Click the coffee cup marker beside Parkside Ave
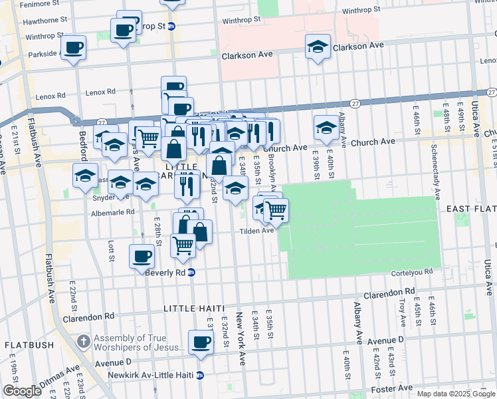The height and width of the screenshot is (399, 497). [x=73, y=48]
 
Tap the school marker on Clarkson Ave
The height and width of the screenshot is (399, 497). [x=318, y=47]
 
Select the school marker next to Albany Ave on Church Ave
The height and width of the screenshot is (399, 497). [x=326, y=128]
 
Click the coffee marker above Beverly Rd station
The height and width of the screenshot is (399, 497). [x=141, y=256]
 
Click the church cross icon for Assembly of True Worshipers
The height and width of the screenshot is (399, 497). [x=83, y=342]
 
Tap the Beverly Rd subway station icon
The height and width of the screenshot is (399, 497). [x=191, y=273]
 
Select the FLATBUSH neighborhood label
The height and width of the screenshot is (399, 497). [x=30, y=345]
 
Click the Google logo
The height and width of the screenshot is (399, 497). [x=22, y=391]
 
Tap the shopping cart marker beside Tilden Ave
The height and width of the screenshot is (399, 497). [x=276, y=211]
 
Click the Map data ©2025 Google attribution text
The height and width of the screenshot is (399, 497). [x=455, y=394]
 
